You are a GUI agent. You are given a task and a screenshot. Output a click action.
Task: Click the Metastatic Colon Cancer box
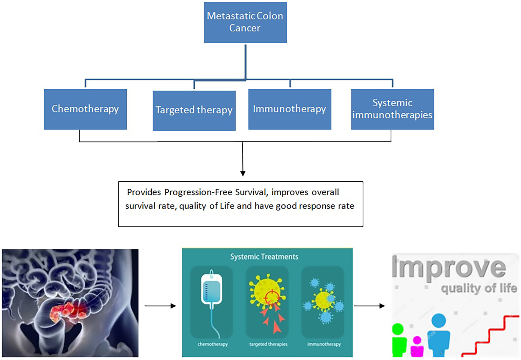click(x=245, y=22)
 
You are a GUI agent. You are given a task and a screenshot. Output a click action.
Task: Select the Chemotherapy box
click(x=85, y=109)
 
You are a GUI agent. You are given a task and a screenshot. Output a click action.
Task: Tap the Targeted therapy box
click(x=194, y=110)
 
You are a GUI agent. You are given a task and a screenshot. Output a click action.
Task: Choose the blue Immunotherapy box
click(x=290, y=109)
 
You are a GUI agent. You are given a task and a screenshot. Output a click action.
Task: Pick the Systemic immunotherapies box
click(x=392, y=109)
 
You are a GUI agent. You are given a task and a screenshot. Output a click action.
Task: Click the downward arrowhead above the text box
click(x=243, y=173)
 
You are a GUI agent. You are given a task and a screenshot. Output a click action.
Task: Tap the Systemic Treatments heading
click(x=264, y=257)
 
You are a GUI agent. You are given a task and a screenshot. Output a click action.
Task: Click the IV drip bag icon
click(x=211, y=290)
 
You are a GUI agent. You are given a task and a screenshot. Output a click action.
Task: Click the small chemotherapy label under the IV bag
click(x=212, y=344)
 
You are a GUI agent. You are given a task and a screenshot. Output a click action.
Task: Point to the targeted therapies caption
click(x=268, y=344)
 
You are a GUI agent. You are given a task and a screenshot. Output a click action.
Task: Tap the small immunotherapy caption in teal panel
click(x=324, y=344)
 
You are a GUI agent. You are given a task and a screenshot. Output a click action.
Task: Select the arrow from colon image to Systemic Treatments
click(x=160, y=306)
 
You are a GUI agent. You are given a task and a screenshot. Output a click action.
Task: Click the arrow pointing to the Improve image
click(x=369, y=306)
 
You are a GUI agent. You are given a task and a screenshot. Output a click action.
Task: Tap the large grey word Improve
click(x=448, y=268)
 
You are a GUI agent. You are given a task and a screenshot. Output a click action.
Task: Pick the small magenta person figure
click(x=417, y=348)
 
